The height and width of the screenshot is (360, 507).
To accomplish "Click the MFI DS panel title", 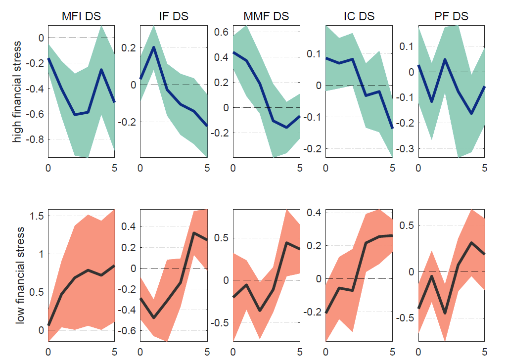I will (x=81, y=16).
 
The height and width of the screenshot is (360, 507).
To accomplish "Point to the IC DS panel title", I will (x=359, y=16).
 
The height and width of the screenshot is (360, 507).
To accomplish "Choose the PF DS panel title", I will (x=451, y=16).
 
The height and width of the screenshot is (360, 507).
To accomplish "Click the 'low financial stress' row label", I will (x=20, y=275).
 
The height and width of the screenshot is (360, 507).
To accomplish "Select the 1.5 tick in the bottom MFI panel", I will (x=37, y=216).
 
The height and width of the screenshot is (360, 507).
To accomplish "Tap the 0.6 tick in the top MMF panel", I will (x=221, y=32).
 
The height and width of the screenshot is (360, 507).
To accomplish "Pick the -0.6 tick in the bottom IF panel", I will (x=127, y=331).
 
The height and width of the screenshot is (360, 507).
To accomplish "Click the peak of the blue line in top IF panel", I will (x=154, y=47).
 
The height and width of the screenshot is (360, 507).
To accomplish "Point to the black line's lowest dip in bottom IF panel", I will (x=154, y=317).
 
